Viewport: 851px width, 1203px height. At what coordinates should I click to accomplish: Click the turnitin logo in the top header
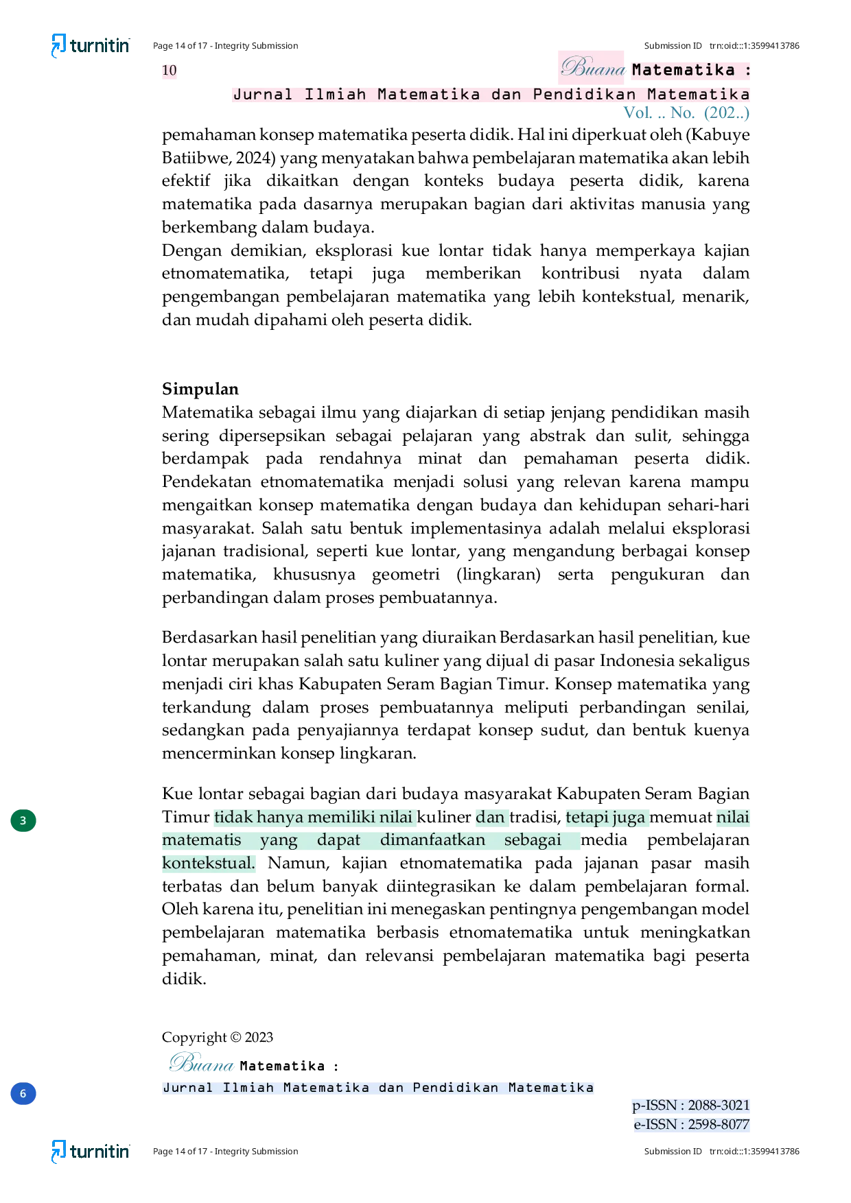pos(91,46)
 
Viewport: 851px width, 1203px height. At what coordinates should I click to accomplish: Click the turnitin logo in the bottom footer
pos(91,1152)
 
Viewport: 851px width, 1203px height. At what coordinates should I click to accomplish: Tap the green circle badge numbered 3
pos(23,820)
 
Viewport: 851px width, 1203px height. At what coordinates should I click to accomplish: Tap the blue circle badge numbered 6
pos(23,1093)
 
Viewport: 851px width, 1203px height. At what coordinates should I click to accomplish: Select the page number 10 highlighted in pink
pos(170,70)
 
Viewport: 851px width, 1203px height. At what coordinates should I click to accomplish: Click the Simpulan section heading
pos(200,389)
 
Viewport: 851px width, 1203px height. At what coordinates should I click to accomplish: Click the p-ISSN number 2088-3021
pos(719,1105)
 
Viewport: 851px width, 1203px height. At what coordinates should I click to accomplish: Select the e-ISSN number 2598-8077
pos(719,1124)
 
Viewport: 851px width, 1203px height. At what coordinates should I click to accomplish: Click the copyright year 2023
pos(259,1037)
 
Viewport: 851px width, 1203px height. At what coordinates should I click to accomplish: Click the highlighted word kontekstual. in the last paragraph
pos(209,863)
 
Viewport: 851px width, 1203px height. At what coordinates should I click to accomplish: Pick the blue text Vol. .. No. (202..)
pos(686,112)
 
